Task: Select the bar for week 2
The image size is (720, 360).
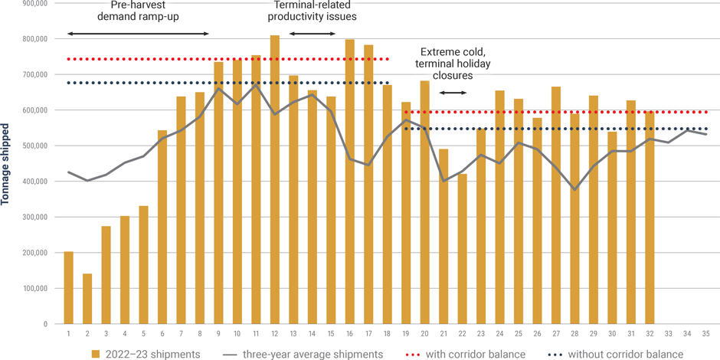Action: click(87, 299)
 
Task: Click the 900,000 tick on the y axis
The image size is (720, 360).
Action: click(33, 3)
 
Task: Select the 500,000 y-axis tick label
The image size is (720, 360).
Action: click(33, 146)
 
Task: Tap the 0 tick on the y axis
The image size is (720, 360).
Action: click(44, 324)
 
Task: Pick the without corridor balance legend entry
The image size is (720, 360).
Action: click(616, 354)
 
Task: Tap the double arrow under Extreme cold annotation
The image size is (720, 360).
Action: click(453, 93)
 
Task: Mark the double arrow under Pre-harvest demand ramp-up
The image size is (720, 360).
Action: click(138, 34)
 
